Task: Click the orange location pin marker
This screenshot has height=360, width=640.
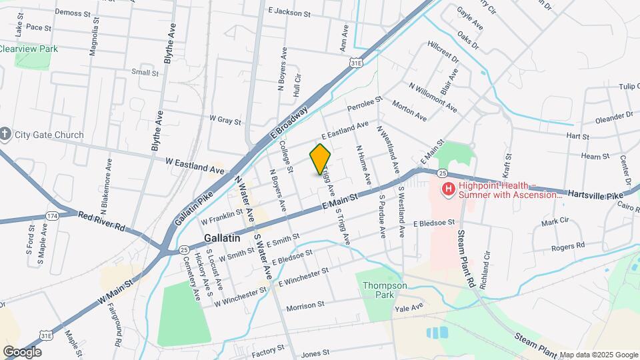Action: click(x=321, y=159)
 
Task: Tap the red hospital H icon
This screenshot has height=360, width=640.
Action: click(x=449, y=190)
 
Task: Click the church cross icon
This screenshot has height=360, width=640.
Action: click(x=5, y=135)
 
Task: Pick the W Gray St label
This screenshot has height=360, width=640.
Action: click(x=225, y=120)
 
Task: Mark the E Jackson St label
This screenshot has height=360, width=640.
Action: click(x=289, y=12)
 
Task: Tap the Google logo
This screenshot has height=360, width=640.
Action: click(x=22, y=351)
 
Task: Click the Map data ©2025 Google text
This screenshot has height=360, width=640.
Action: click(x=599, y=355)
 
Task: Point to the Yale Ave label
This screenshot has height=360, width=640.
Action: click(x=409, y=307)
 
